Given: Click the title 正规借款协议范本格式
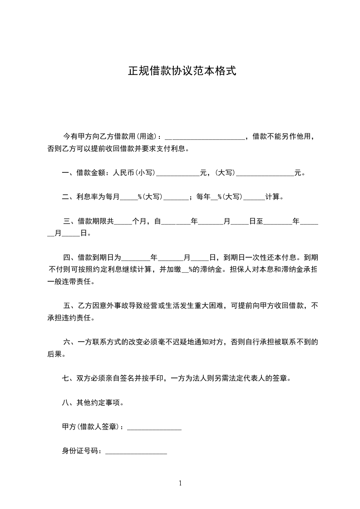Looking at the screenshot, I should [182, 72].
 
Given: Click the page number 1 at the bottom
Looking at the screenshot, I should [180, 483].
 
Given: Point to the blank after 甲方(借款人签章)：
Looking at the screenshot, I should [154, 428].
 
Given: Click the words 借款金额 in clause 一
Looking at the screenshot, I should [91, 173].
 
